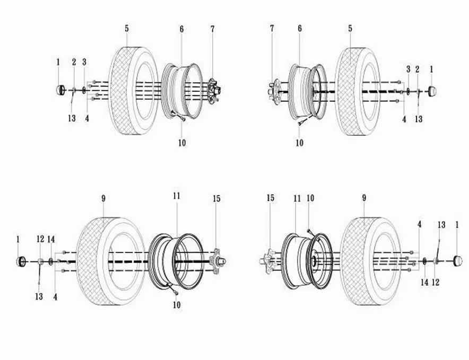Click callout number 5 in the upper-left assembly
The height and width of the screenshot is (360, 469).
coord(127,29)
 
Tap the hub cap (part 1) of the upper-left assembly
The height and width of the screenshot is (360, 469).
coord(60,90)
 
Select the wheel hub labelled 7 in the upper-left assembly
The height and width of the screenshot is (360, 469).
coord(214,91)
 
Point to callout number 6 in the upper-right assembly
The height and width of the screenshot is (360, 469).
coord(300,29)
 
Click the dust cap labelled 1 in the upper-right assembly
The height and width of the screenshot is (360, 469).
coord(432,91)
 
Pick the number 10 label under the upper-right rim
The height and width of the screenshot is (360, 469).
coord(299,143)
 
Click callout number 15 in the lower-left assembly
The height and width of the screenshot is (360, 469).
coord(216,198)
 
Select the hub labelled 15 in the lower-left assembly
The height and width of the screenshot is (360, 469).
coord(219,261)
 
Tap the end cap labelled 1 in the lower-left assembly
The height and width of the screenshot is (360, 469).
coord(21,261)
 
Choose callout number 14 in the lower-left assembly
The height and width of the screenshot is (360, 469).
coord(51,239)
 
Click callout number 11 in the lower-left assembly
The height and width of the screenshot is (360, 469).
coord(177,196)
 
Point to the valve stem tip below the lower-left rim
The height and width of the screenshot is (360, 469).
coord(177,294)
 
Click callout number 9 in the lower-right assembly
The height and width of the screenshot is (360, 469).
coord(364,198)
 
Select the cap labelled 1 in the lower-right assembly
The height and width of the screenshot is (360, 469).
coord(458,261)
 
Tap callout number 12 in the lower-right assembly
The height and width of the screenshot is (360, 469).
coord(436,282)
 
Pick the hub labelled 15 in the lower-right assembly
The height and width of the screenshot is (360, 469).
coord(268,261)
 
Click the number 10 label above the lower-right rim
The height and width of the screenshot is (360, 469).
coord(310,198)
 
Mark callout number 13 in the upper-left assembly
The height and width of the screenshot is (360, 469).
coord(72,118)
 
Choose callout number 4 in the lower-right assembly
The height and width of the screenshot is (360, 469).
coord(420,224)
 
